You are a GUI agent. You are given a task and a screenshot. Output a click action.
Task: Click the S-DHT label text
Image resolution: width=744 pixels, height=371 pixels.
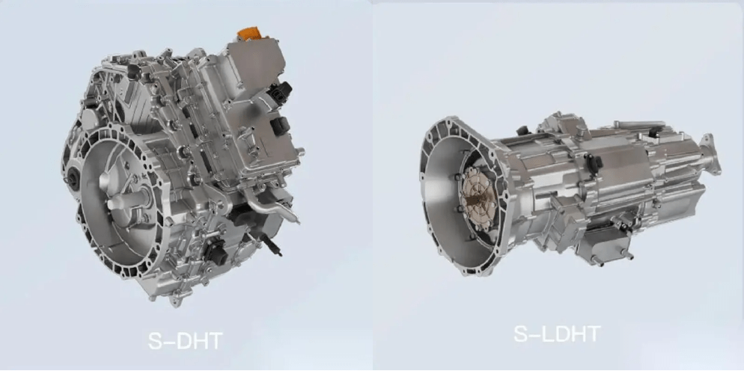point(186,340)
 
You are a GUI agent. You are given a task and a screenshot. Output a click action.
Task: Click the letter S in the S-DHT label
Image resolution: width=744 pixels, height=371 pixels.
point(156,340)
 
